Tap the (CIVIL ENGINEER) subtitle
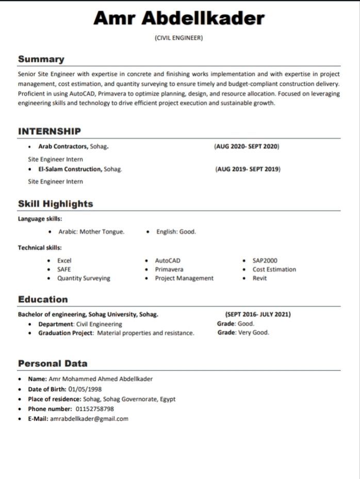179,38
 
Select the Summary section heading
41,59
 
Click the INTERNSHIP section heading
50,131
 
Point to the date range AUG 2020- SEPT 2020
247,147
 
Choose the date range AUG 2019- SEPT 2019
248,169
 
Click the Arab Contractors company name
63,147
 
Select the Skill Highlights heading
56,203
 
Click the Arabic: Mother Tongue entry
91,232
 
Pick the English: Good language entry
176,232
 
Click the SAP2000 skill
265,261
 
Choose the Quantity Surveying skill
84,278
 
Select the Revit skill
260,278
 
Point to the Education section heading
43,299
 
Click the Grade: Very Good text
243,333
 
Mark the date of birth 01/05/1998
85,389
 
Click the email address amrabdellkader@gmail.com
89,419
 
